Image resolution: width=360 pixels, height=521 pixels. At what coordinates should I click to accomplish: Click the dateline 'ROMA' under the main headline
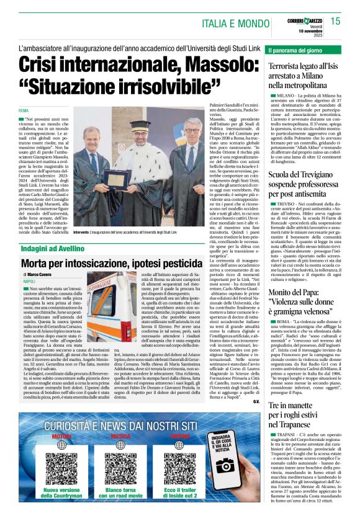click(24, 111)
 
